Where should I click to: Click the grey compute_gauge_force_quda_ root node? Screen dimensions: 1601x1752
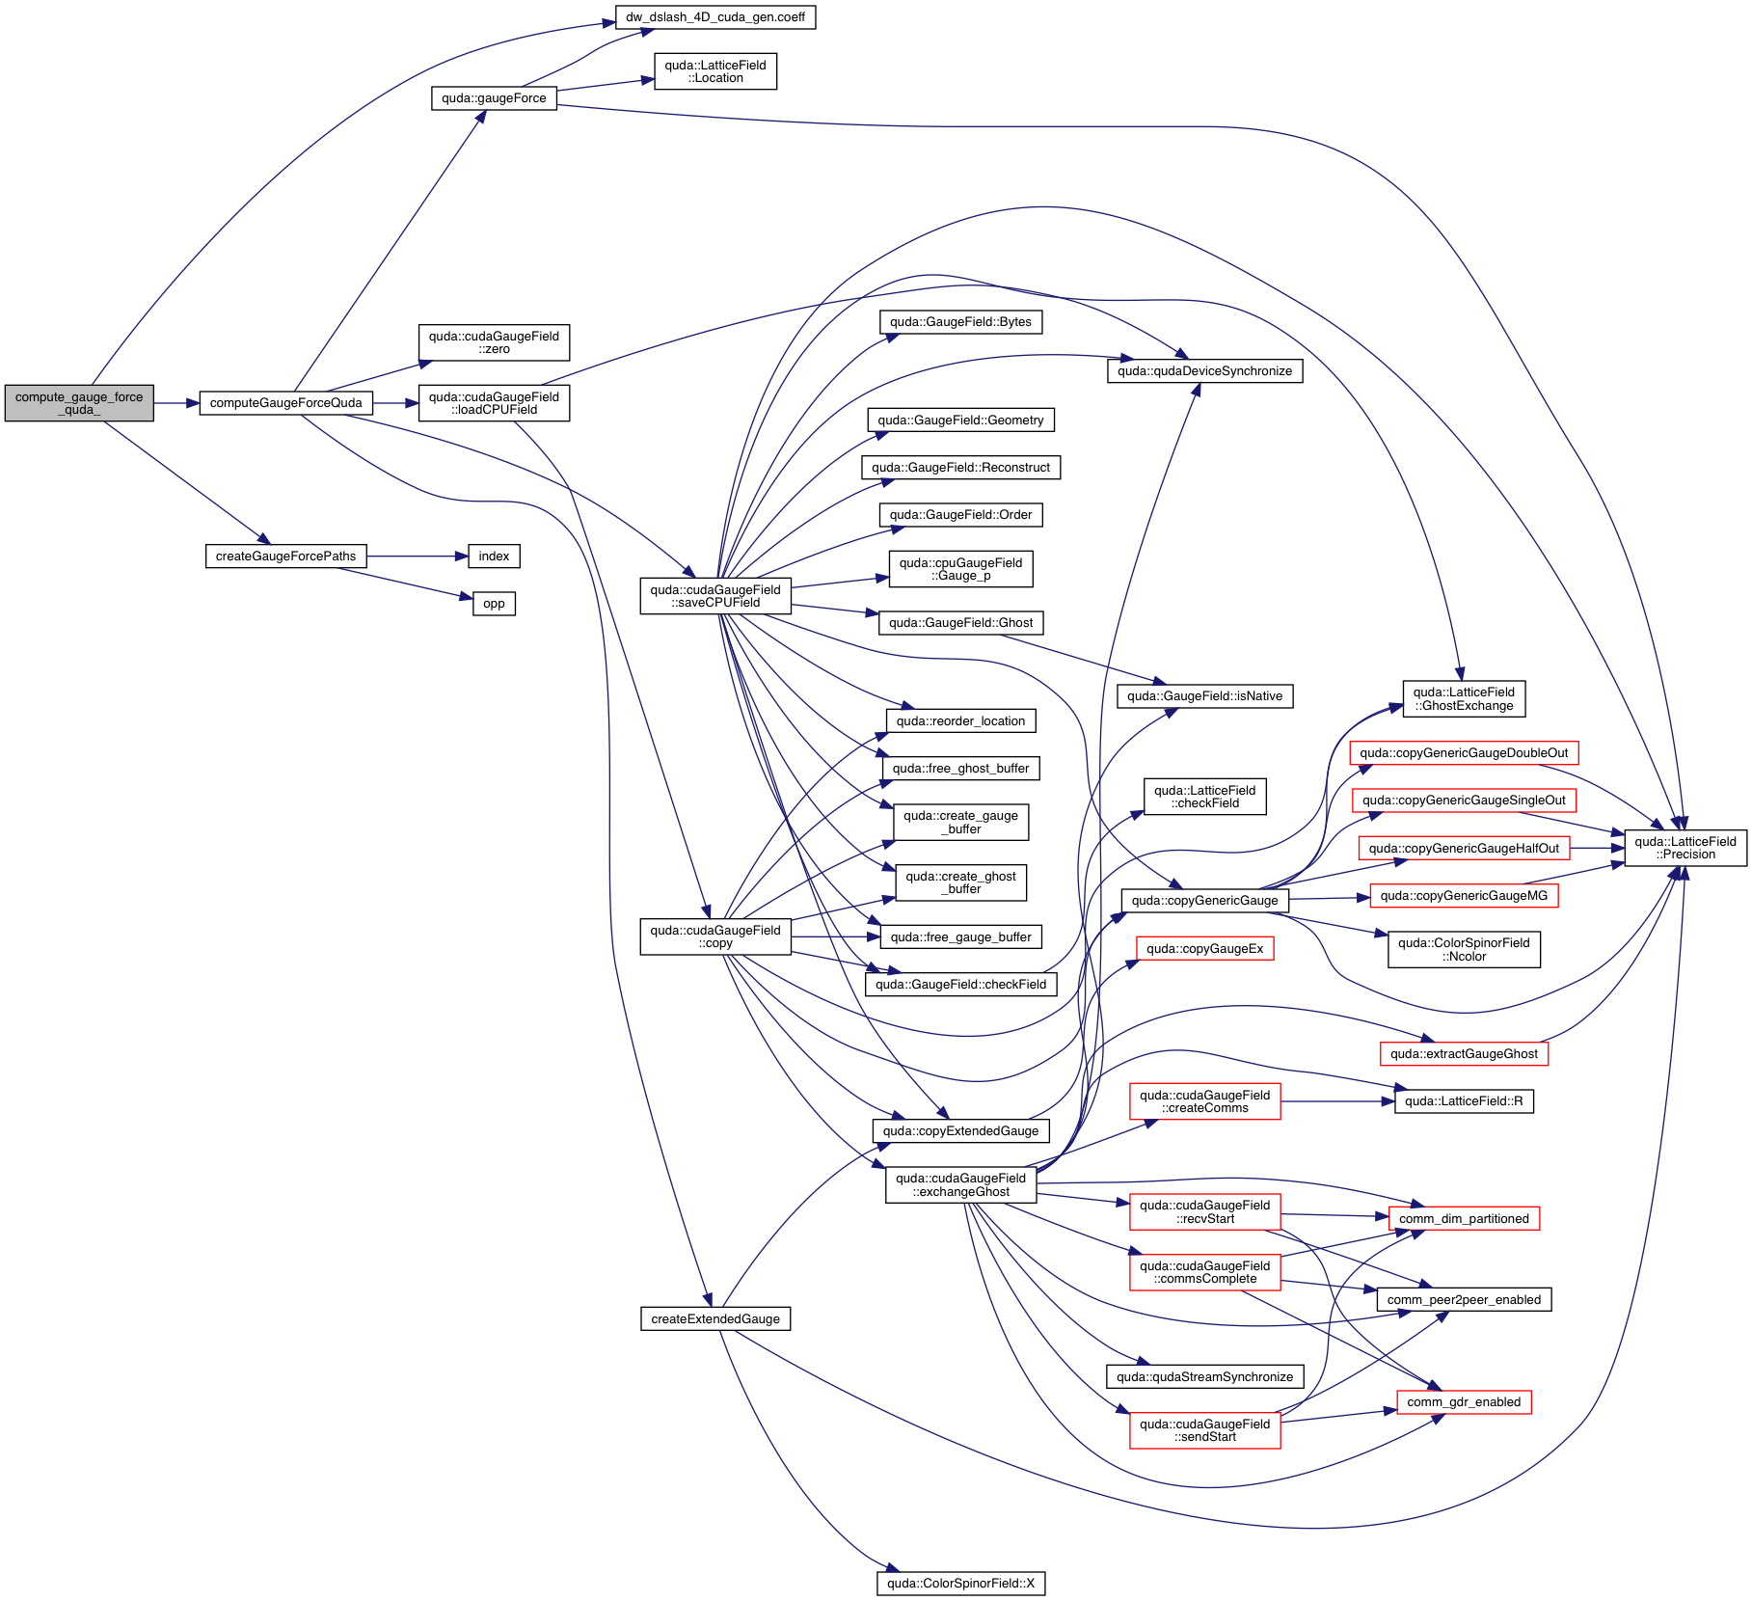(79, 403)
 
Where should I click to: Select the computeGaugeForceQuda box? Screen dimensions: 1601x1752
(285, 403)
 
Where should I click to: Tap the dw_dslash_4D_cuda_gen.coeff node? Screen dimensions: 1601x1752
(715, 17)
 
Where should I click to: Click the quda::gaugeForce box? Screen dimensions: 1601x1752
(494, 98)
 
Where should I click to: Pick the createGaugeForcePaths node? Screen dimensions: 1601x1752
(285, 556)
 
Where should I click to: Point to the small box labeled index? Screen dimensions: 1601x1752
(494, 556)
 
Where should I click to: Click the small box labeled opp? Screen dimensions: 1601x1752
(494, 604)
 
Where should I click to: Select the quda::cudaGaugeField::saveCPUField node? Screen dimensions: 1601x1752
(715, 596)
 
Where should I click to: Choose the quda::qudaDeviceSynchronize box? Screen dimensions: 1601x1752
(1204, 371)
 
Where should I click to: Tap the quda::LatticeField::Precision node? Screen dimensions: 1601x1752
(1685, 848)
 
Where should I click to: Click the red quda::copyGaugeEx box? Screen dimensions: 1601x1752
(1204, 949)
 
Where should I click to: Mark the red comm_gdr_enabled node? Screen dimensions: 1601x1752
(1464, 1402)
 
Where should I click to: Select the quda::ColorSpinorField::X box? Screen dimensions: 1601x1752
(960, 1584)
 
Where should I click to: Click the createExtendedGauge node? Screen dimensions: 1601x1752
(715, 1319)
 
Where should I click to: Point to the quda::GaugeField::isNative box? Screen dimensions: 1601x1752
(1204, 696)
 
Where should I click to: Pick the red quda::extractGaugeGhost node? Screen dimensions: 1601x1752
(1464, 1054)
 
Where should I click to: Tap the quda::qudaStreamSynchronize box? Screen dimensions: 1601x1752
(1204, 1377)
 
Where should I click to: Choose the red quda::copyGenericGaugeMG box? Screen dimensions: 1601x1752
(1464, 896)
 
